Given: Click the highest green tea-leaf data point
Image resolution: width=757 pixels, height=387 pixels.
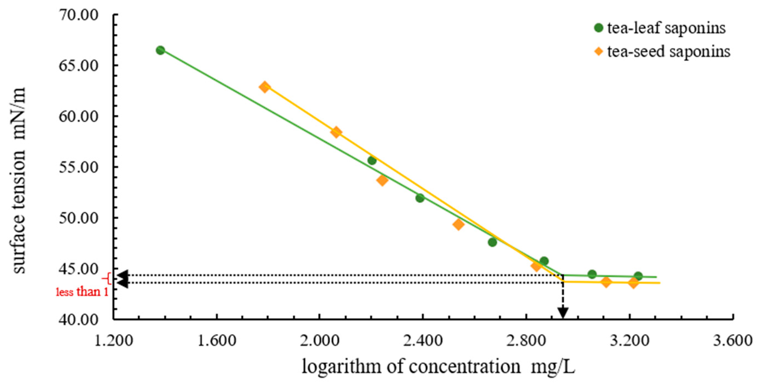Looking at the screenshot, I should pyautogui.click(x=160, y=50).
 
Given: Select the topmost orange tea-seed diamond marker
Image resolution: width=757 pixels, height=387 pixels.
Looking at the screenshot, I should pyautogui.click(x=264, y=87).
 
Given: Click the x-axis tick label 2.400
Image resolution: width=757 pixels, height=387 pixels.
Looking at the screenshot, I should pyautogui.click(x=423, y=340).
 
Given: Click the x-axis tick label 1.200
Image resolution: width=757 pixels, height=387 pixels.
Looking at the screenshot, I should pyautogui.click(x=113, y=340).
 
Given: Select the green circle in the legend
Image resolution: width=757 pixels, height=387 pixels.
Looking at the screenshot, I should pyautogui.click(x=599, y=28).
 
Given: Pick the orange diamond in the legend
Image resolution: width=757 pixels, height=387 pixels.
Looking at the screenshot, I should pyautogui.click(x=599, y=52).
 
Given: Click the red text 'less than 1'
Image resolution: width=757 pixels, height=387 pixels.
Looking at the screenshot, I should pyautogui.click(x=82, y=292).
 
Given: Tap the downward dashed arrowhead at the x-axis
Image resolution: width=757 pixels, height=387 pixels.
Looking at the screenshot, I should pyautogui.click(x=563, y=313).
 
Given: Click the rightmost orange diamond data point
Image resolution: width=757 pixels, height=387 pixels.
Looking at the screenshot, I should pyautogui.click(x=633, y=283).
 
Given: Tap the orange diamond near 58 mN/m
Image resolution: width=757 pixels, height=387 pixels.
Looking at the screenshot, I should pyautogui.click(x=336, y=132).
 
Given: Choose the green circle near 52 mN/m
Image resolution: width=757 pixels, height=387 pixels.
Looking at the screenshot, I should pyautogui.click(x=420, y=198).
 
